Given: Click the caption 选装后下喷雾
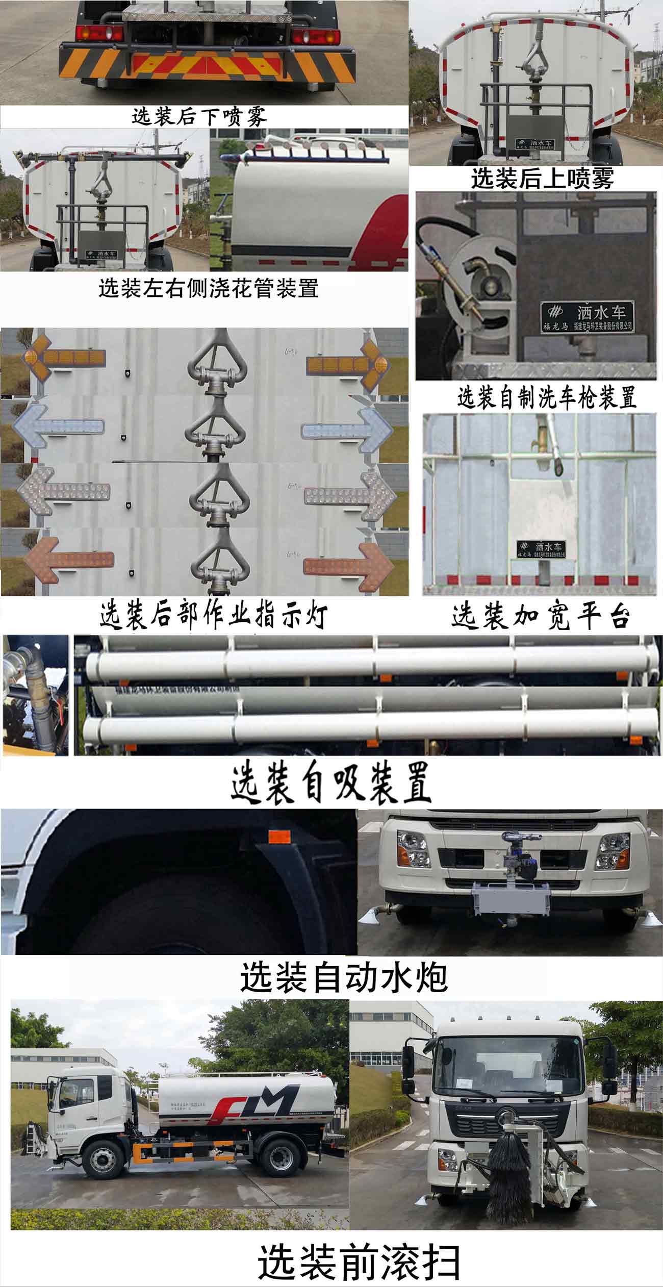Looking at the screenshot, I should click(199, 117).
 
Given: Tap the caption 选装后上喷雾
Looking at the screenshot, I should click(542, 179).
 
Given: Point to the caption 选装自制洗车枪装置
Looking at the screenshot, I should click(546, 398).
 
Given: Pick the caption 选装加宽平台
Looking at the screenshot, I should click(541, 616).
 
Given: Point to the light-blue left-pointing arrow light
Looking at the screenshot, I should click(58, 427).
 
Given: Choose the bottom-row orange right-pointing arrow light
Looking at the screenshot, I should click(349, 566).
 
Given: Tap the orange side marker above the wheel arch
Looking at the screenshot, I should click(278, 837).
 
